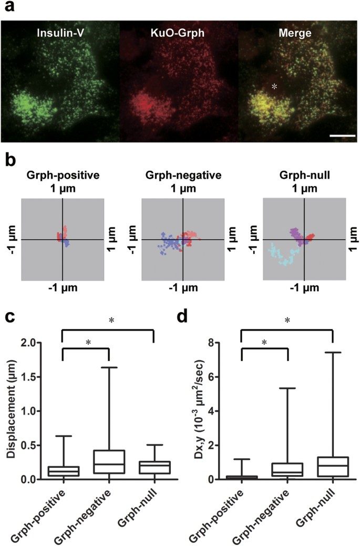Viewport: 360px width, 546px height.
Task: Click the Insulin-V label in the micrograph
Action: [59, 33]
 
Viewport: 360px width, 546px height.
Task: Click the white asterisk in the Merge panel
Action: [274, 86]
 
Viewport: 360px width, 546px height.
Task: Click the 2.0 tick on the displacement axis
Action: [40, 343]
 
